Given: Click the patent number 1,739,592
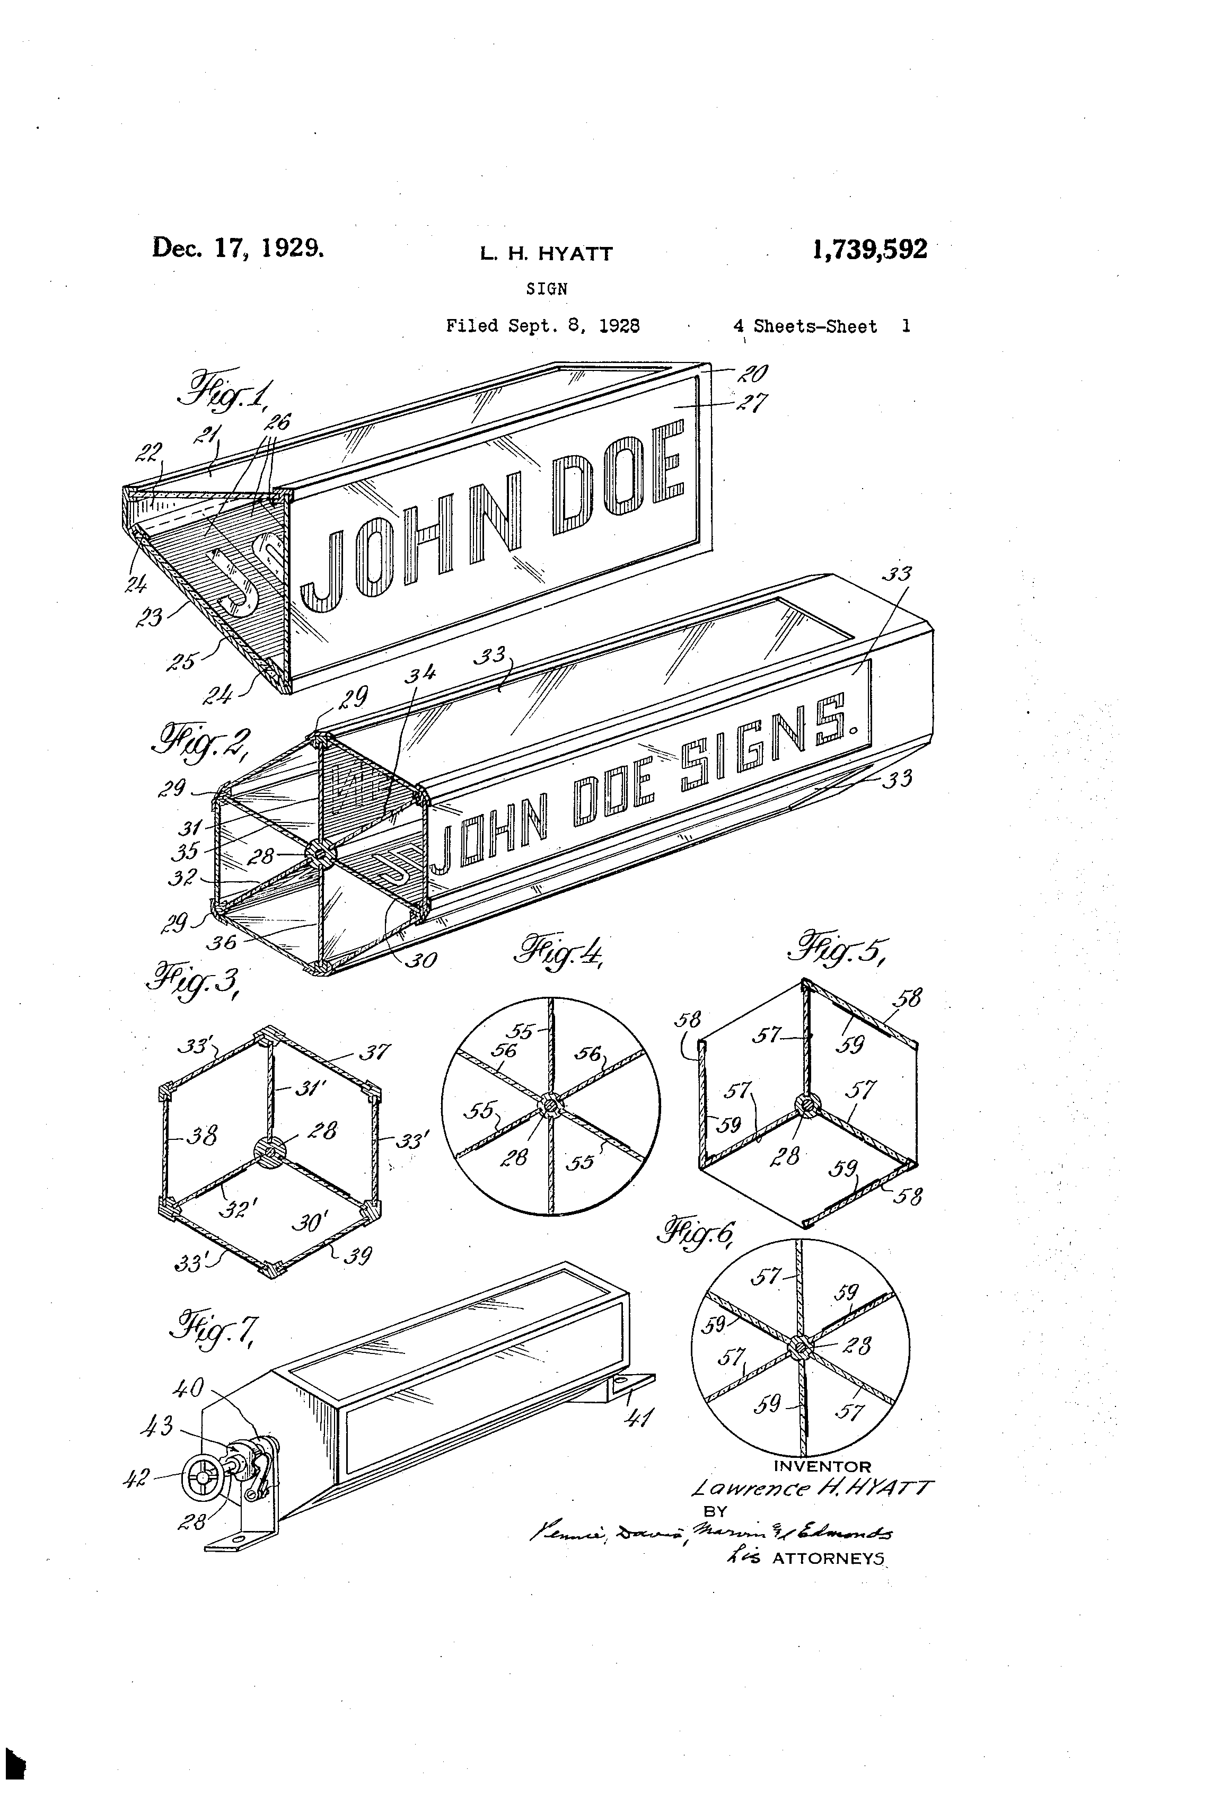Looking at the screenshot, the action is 869,250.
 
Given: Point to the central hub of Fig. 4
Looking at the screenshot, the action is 550,1104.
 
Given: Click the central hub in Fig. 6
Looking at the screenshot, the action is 799,1346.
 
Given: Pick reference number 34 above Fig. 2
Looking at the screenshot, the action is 420,675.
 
